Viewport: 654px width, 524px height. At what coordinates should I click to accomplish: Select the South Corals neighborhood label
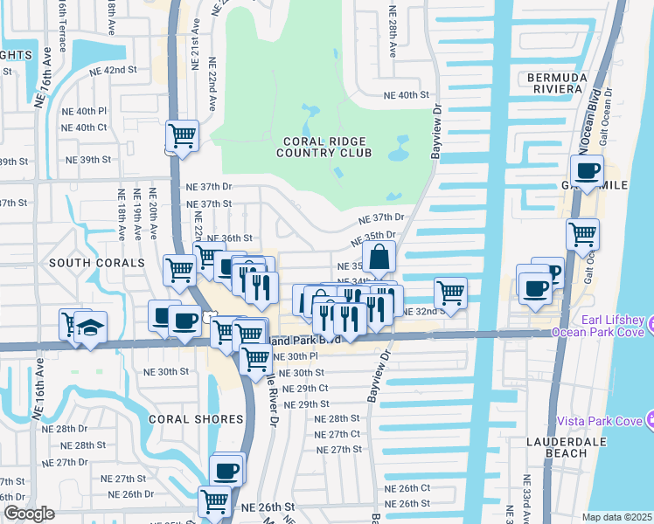(97, 262)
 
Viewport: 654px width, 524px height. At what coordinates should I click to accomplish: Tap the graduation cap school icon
(90, 327)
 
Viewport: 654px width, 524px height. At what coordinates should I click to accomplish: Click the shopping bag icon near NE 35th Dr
(379, 258)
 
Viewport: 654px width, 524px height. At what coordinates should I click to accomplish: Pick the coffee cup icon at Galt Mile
(588, 170)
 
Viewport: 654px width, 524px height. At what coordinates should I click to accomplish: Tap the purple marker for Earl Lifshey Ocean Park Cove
(649, 326)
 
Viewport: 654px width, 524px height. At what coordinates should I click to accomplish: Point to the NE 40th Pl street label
(85, 112)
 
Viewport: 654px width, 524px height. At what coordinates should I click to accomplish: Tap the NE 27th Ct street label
(337, 434)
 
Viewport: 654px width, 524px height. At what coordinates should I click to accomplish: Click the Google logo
(30, 514)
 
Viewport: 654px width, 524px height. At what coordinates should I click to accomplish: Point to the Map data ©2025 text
(616, 517)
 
